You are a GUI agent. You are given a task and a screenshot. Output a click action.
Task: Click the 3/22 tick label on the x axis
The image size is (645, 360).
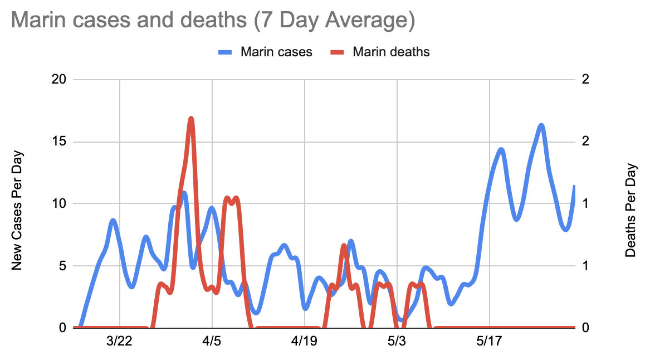(119, 341)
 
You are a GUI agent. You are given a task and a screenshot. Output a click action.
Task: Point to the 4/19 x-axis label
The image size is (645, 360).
(304, 341)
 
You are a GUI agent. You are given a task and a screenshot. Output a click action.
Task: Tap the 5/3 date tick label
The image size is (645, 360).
(397, 341)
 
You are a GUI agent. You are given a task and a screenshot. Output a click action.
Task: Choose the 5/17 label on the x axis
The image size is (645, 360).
(489, 341)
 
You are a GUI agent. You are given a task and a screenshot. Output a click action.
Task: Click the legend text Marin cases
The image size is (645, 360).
(276, 52)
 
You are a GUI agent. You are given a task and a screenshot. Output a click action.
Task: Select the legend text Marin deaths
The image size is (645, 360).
(391, 52)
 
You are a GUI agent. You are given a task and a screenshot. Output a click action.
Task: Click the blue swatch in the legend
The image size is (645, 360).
(225, 52)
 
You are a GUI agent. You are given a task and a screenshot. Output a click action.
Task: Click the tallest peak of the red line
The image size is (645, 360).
(191, 118)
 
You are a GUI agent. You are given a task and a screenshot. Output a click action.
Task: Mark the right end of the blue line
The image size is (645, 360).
(574, 186)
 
